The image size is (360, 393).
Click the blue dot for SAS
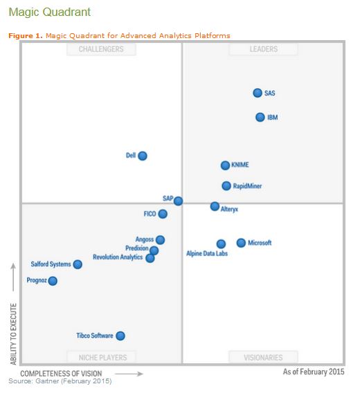pos(258,93)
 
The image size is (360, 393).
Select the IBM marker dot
pos(260,117)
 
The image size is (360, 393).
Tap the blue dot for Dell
pos(143,156)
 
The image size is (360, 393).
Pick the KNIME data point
pos(225,165)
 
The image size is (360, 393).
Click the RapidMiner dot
pos(226,185)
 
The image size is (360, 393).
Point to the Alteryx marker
pos(215,206)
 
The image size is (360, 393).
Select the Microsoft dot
pos(241,243)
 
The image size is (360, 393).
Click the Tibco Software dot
pos(120,336)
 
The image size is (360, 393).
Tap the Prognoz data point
pos(53,281)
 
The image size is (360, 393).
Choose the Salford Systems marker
pos(78,264)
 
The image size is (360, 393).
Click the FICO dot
pos(163,214)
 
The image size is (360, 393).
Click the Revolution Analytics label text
pos(118,257)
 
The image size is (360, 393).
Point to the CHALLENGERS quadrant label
pos(101,49)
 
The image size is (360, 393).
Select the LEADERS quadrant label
pos(263,49)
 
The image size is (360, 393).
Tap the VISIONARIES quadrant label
pos(263,358)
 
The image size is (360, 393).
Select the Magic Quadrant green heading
pos(49,12)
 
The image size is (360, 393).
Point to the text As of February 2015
pos(313,372)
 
